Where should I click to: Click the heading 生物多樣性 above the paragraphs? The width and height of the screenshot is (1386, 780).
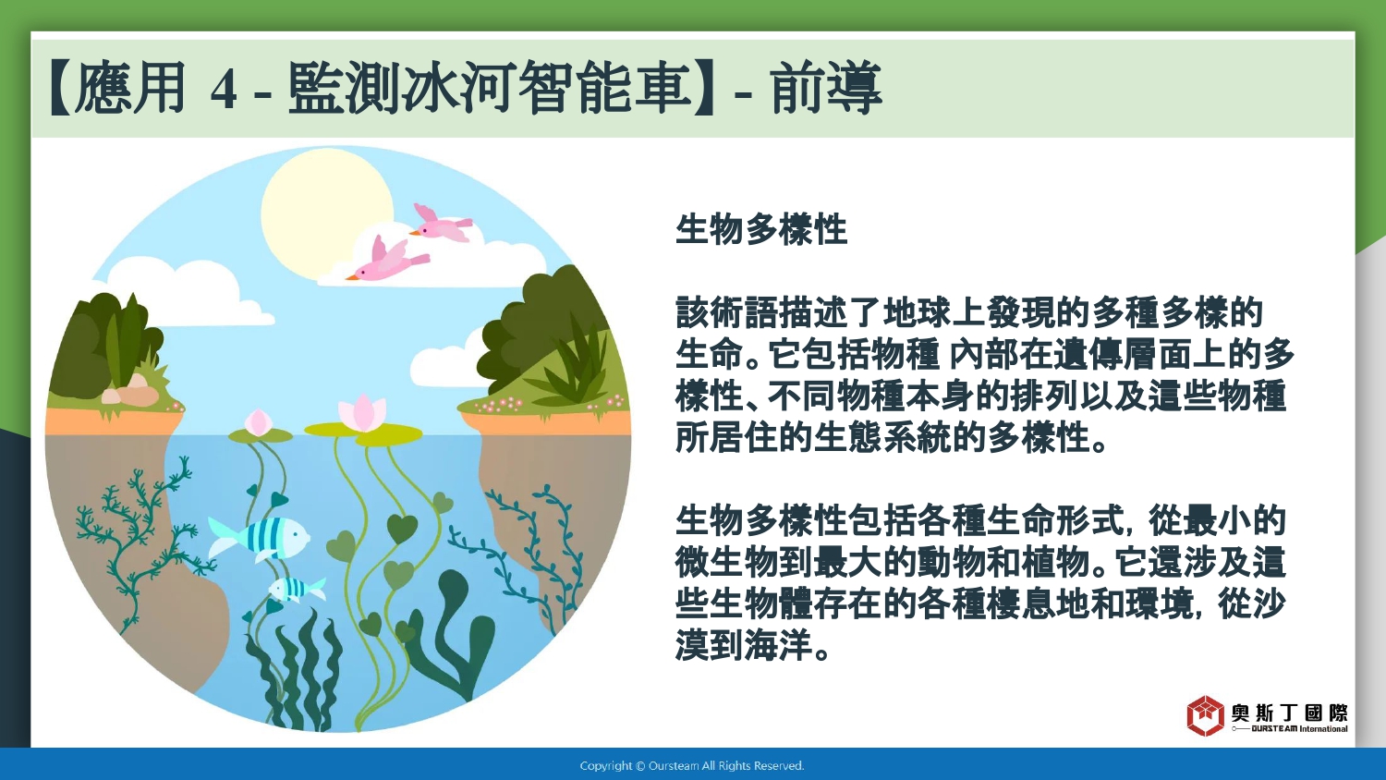click(761, 230)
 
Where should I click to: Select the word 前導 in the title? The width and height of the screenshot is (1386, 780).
click(826, 88)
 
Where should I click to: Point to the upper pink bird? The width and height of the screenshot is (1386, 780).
click(442, 224)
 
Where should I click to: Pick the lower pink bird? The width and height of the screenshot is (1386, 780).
click(388, 260)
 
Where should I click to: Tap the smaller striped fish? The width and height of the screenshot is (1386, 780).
click(297, 589)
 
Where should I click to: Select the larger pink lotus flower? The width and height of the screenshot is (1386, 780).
click(362, 411)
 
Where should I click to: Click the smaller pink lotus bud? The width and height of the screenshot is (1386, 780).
click(259, 422)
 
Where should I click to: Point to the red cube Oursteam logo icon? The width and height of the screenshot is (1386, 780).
click(1205, 715)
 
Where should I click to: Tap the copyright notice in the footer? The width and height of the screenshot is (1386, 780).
click(692, 766)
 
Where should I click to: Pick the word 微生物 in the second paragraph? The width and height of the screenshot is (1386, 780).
click(726, 562)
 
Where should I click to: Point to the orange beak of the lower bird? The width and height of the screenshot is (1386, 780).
click(351, 276)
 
